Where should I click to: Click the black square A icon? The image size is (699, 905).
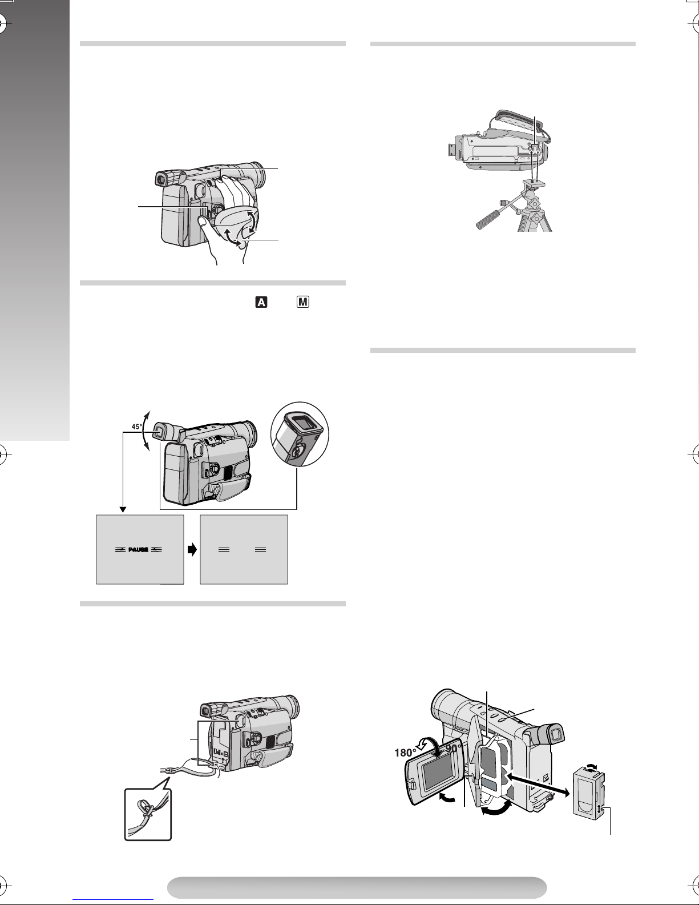coord(261,302)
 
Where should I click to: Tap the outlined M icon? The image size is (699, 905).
coord(303,302)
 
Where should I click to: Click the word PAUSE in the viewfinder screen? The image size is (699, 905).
coord(138,550)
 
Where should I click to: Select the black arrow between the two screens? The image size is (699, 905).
coord(192,550)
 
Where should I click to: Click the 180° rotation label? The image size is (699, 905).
coord(405,752)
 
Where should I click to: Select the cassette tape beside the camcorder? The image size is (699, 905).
coord(588,793)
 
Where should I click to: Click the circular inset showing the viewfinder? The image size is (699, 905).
coord(300,434)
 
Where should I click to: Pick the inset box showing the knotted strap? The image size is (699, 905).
coord(148,814)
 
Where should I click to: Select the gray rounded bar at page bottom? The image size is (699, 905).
coord(357,888)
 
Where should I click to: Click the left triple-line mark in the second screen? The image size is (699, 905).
coord(224,550)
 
